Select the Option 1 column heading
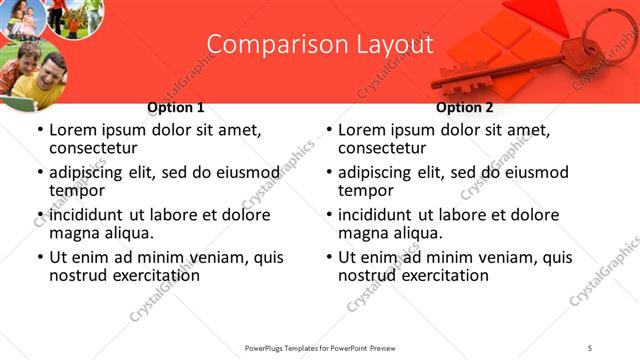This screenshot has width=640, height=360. (176, 107)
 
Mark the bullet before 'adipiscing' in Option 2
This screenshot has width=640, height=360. (329, 173)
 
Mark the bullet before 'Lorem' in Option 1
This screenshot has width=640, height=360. (40, 131)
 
